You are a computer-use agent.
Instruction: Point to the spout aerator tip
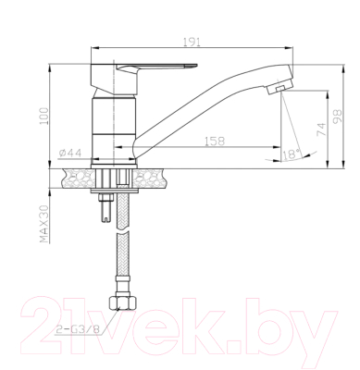(x=274, y=89)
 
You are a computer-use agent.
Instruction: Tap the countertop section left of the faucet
(x=75, y=176)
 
